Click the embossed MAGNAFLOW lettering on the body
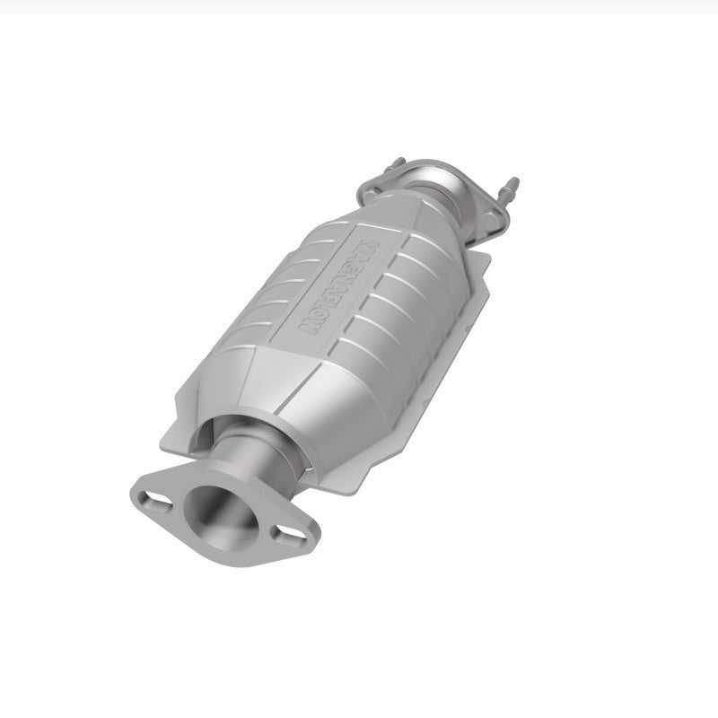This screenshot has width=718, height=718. [x=339, y=285]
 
